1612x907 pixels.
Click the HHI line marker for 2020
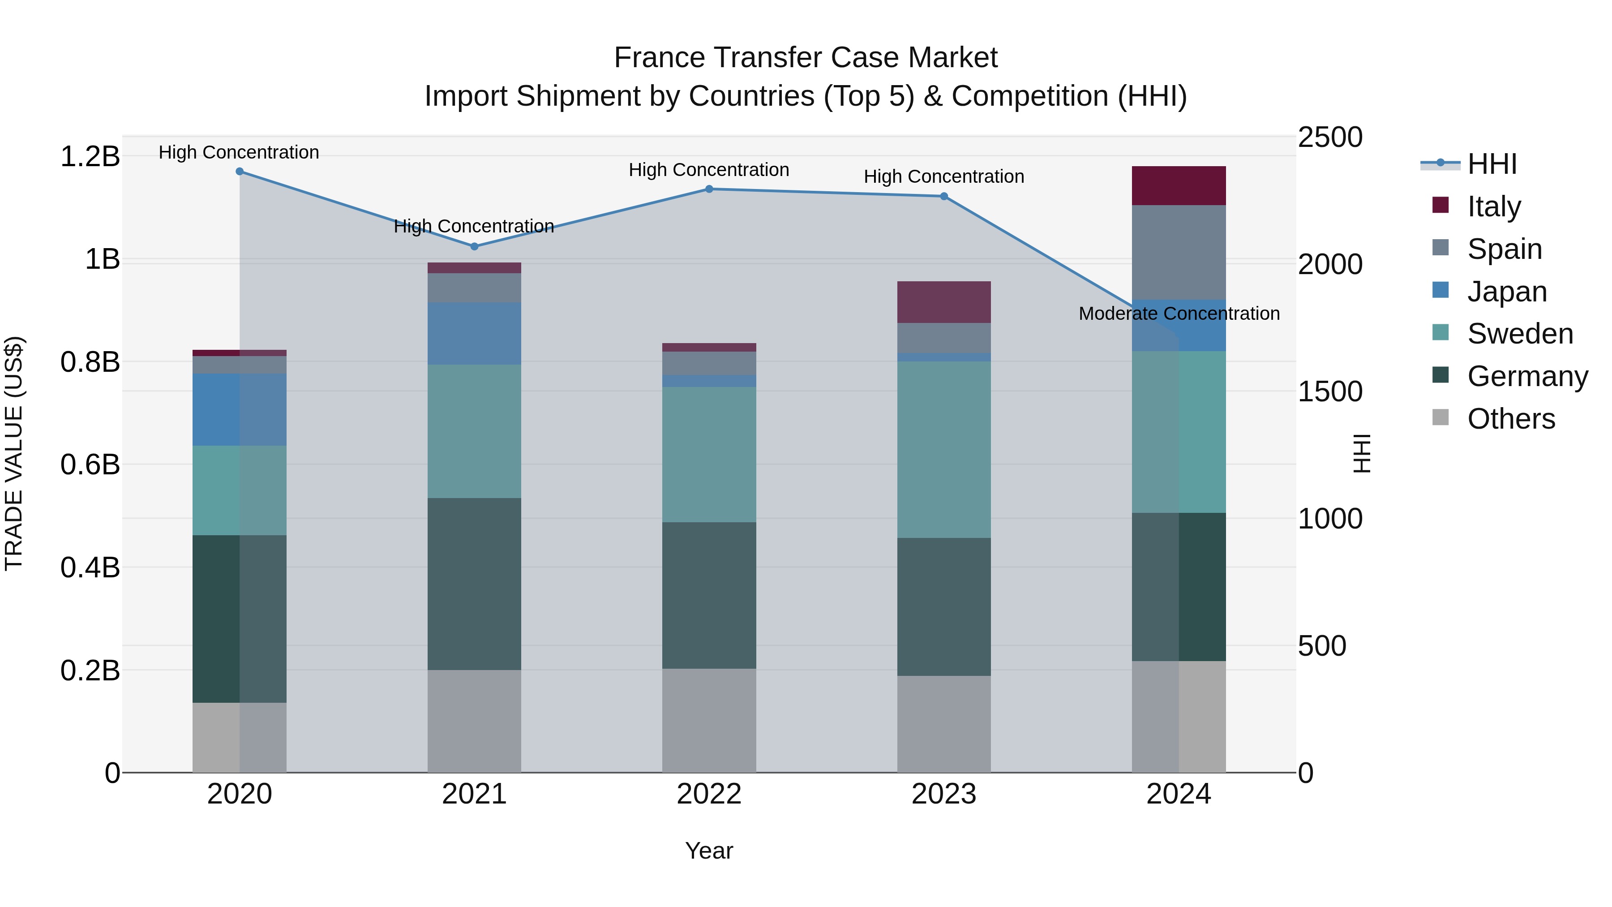pyautogui.click(x=240, y=172)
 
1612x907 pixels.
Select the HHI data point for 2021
pyautogui.click(x=474, y=247)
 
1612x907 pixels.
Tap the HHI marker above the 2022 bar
pyautogui.click(x=709, y=189)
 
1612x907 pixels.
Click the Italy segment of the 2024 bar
pyautogui.click(x=1179, y=186)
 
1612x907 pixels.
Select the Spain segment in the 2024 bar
pyautogui.click(x=1179, y=252)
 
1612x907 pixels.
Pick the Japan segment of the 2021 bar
pyautogui.click(x=474, y=334)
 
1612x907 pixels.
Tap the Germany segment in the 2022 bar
pyautogui.click(x=709, y=595)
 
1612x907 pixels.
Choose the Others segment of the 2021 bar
pyautogui.click(x=474, y=721)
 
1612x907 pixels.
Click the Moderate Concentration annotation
pyautogui.click(x=1179, y=314)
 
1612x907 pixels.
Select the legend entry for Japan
pyautogui.click(x=1507, y=292)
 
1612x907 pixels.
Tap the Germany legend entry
pyautogui.click(x=1527, y=377)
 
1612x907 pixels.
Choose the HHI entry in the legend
pyautogui.click(x=1492, y=164)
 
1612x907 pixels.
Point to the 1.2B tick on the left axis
pyautogui.click(x=90, y=156)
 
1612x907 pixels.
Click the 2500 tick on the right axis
pyautogui.click(x=1330, y=138)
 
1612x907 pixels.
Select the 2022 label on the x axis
pyautogui.click(x=709, y=794)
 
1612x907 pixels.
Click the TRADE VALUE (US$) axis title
pyautogui.click(x=14, y=453)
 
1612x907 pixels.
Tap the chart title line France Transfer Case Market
pyautogui.click(x=806, y=58)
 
